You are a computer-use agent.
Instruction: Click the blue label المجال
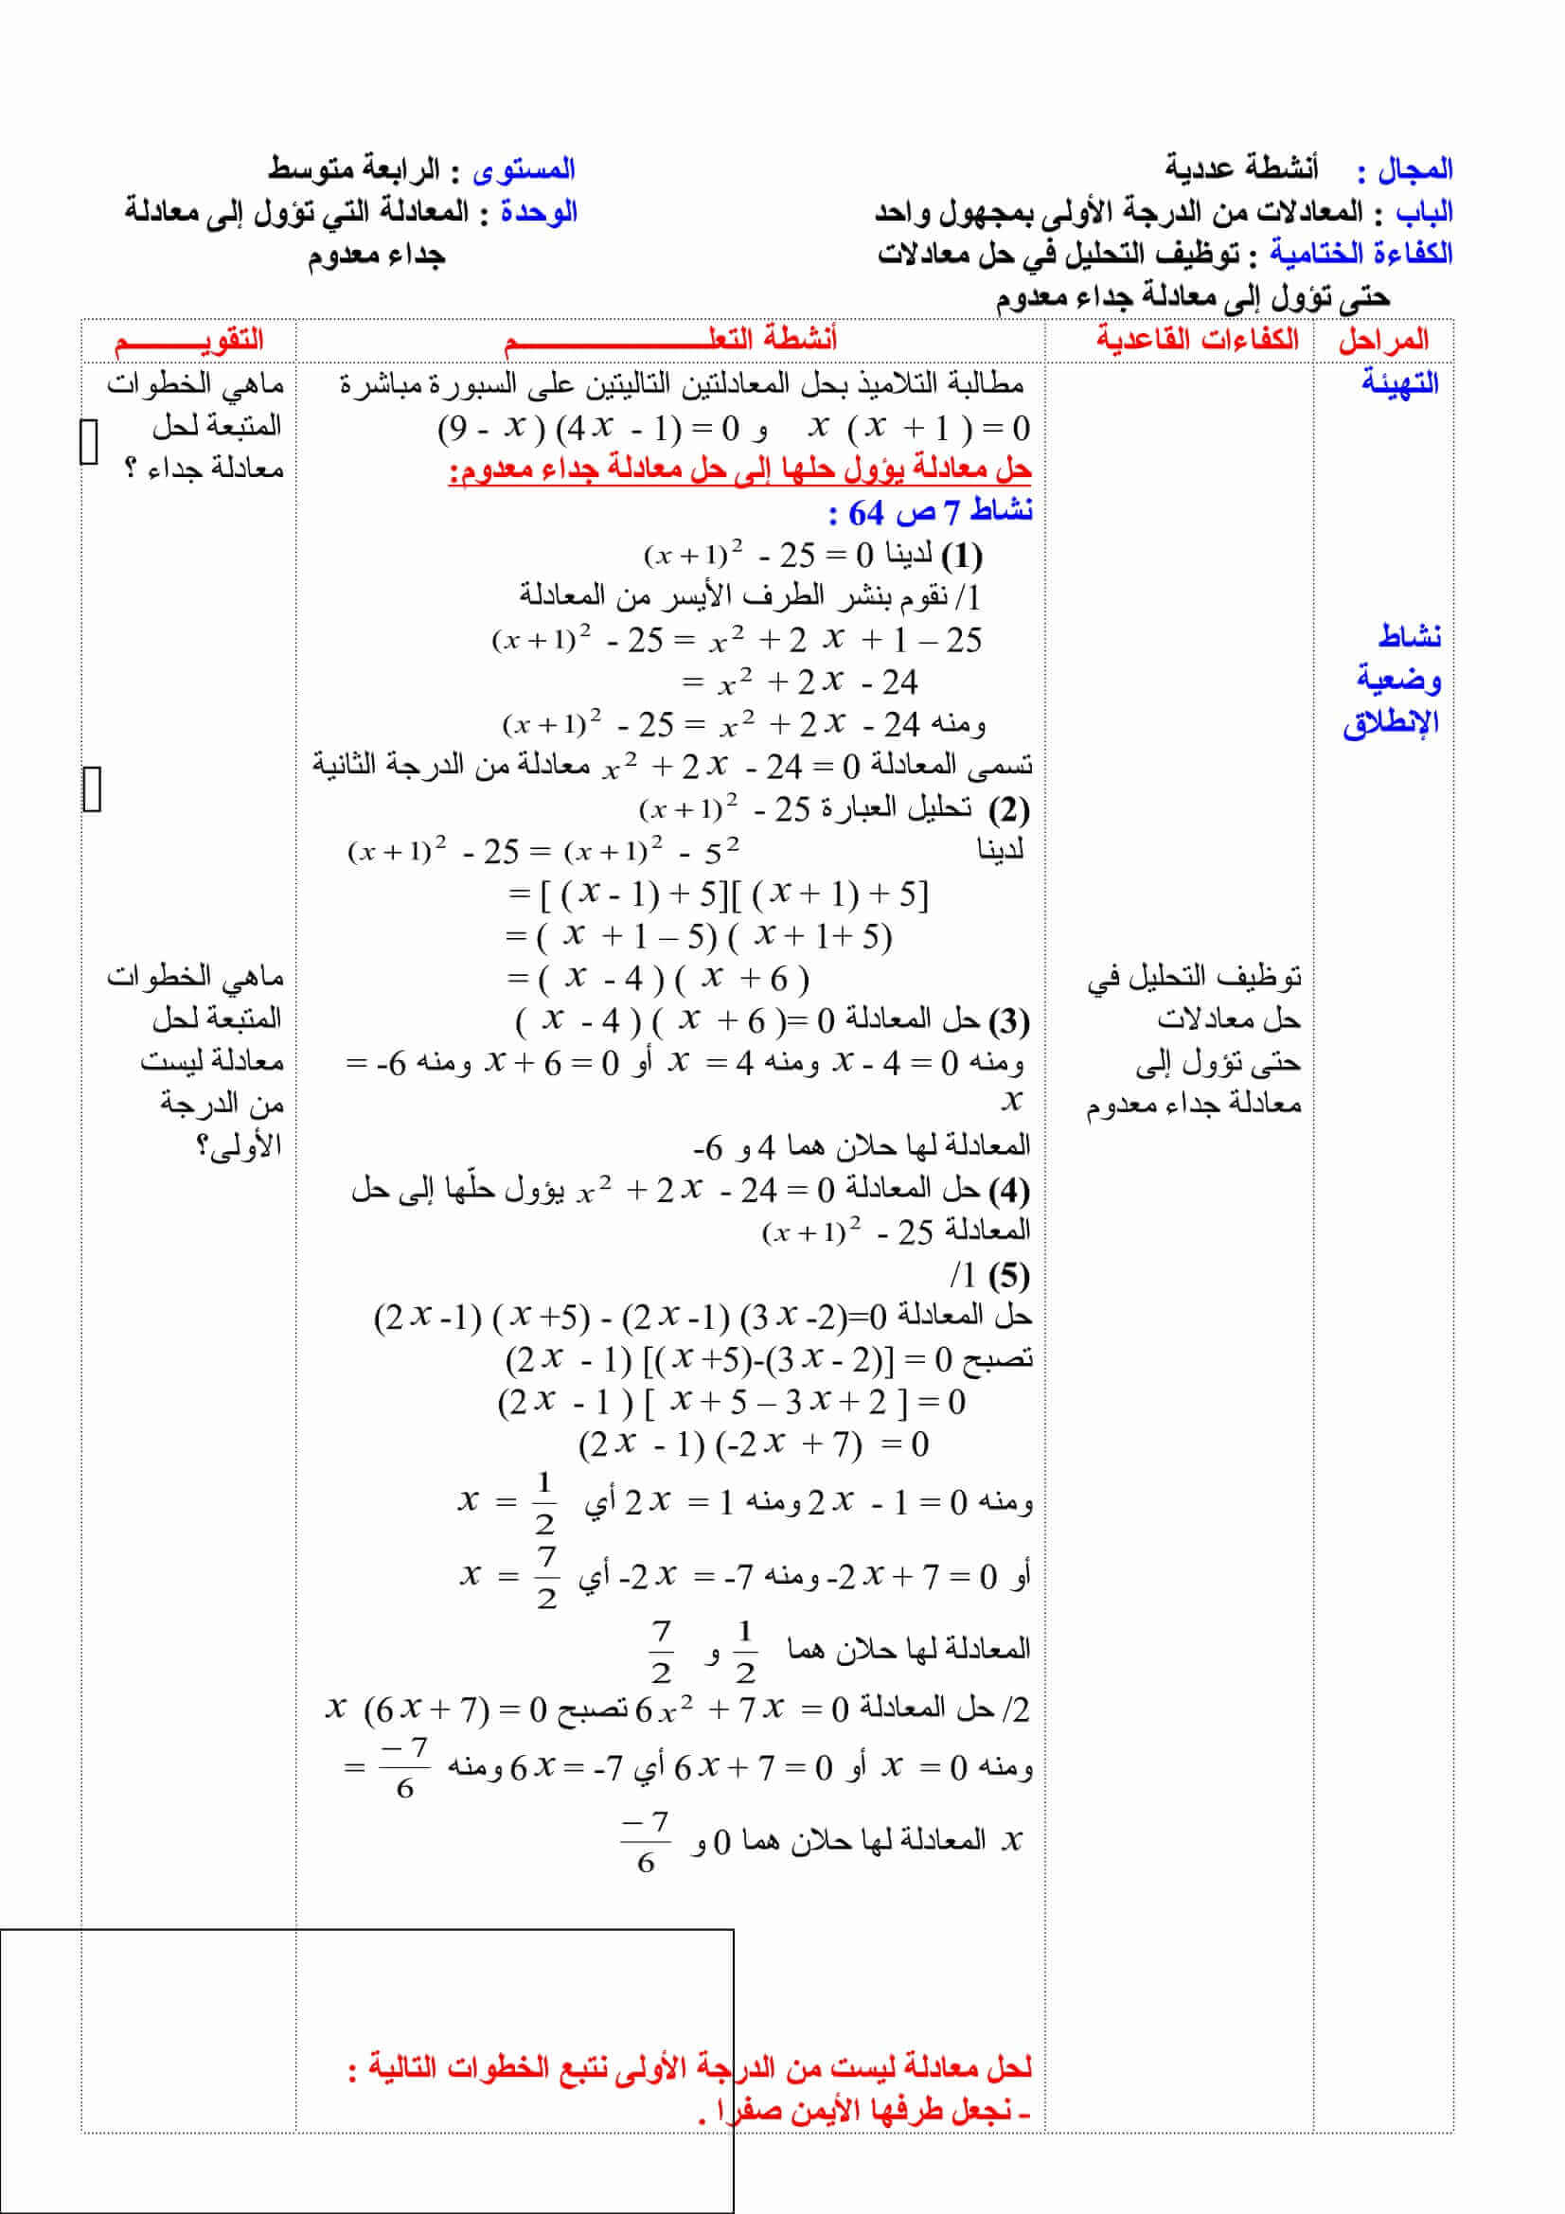coord(1414,169)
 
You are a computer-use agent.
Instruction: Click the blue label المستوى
coord(524,170)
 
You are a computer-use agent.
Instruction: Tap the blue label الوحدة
coord(538,212)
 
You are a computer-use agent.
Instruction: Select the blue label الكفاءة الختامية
coord(1360,254)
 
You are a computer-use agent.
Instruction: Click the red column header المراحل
coord(1383,340)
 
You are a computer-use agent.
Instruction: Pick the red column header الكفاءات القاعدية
coord(1197,340)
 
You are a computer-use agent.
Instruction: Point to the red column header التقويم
coord(189,340)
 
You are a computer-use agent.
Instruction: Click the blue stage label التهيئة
coord(1399,382)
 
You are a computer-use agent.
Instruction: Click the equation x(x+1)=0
coord(919,427)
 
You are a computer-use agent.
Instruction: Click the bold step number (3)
coord(1008,1019)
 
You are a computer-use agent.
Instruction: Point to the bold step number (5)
coord(1008,1275)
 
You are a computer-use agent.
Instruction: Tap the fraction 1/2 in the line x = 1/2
coord(544,1501)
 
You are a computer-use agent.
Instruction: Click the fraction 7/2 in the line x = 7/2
coord(546,1577)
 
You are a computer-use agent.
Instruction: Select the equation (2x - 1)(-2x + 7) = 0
coord(753,1444)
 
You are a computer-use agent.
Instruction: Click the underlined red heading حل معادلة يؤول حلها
coord(739,469)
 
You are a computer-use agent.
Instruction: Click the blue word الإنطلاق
coord(1390,722)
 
